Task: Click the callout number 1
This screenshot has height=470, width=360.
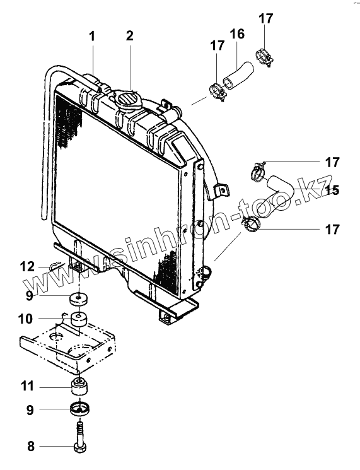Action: coord(92,36)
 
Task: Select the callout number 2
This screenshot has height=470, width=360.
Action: coord(129,36)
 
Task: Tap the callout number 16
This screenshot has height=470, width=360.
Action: coord(237,34)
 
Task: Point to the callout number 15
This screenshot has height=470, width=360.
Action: coord(332,190)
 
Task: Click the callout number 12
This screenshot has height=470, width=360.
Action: coord(28,266)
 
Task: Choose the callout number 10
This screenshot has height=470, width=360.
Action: coord(25,319)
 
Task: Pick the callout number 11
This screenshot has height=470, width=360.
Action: coord(28,386)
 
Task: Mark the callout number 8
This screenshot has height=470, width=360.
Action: coord(31,446)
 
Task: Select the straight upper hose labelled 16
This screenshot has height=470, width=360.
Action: coord(238,75)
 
